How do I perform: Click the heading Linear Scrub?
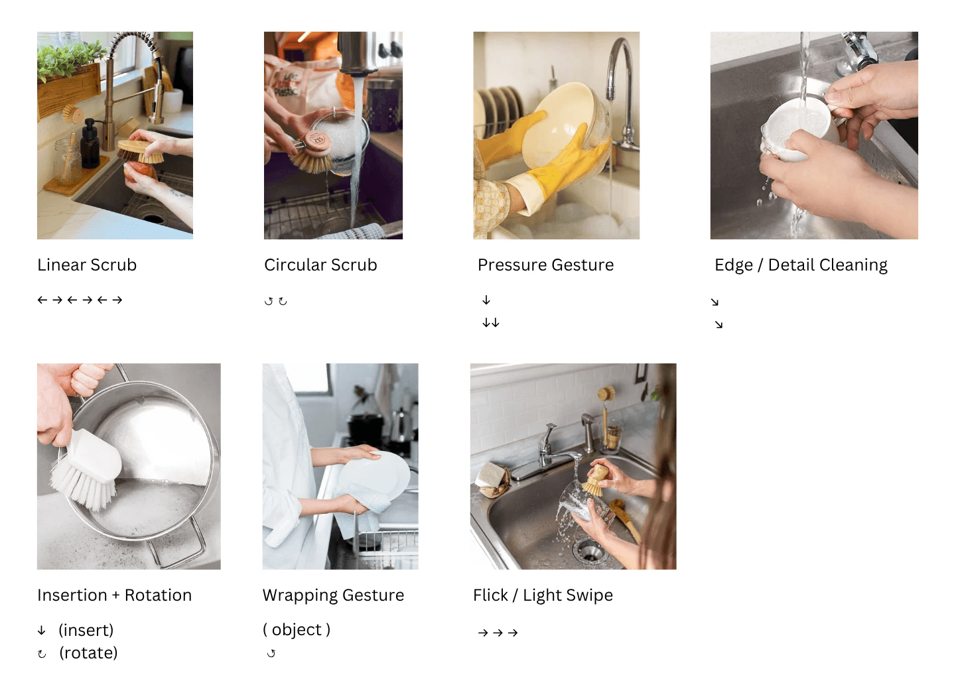point(87,265)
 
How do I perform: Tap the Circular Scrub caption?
point(320,265)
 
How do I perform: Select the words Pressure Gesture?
point(545,265)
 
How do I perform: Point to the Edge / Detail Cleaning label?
point(801,265)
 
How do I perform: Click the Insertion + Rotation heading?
point(115,595)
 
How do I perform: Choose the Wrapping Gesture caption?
point(333,595)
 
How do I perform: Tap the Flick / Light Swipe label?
point(543,595)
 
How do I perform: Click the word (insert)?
point(86,630)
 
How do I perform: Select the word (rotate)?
point(88,653)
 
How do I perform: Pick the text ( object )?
point(297,629)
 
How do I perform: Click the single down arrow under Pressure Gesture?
point(486,300)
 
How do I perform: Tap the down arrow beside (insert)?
point(42,631)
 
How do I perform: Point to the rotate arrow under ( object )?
point(271,653)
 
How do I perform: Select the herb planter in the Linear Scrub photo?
point(69,81)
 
